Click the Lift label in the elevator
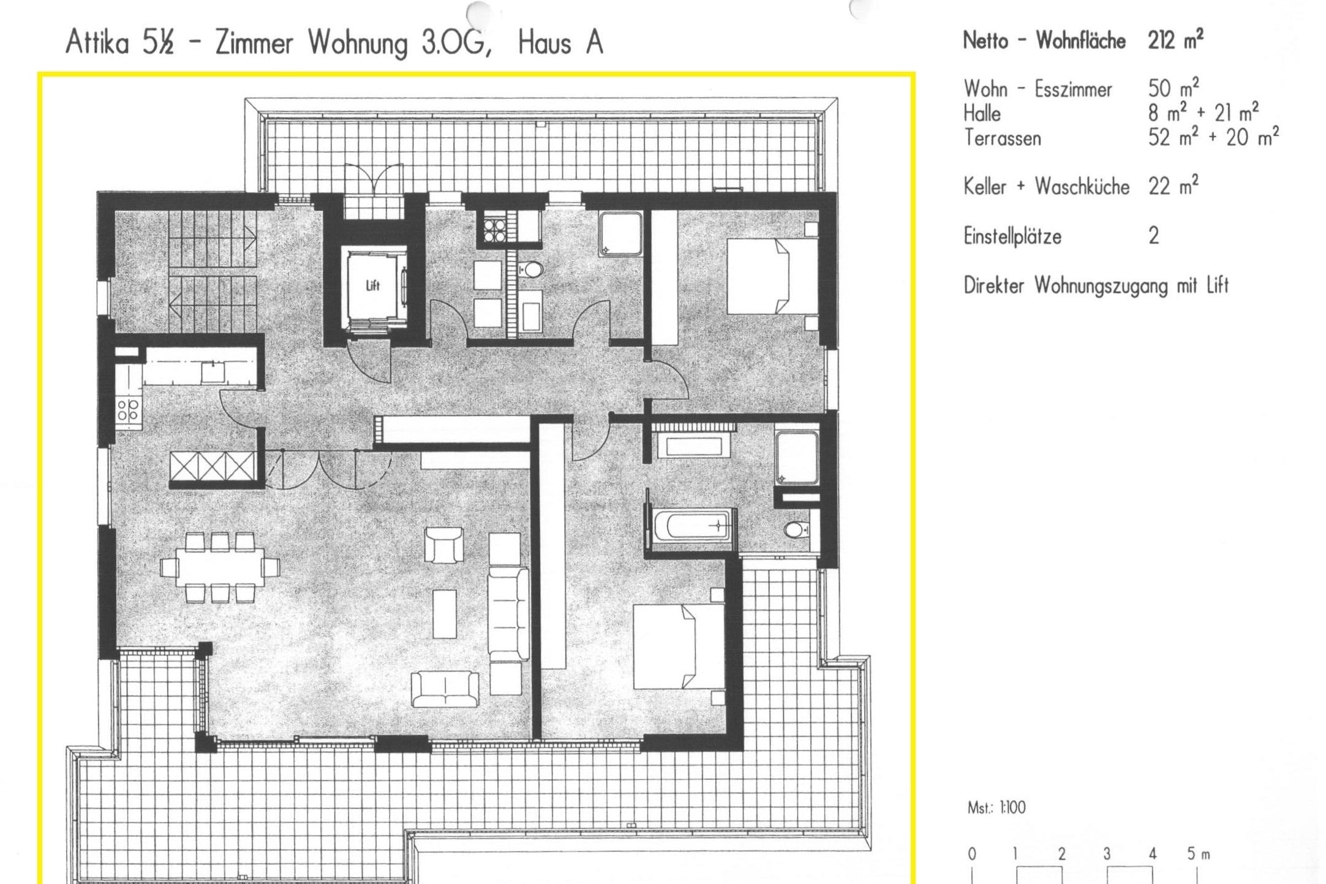click(373, 285)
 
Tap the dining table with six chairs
click(220, 567)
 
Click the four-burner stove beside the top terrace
click(494, 230)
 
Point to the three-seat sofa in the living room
click(508, 613)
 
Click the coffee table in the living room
click(445, 614)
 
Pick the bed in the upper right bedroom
click(772, 276)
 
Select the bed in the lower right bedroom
click(679, 646)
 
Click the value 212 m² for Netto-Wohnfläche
click(1175, 40)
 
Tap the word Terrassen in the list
click(1002, 138)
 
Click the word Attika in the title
click(97, 43)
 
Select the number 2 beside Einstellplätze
click(1153, 236)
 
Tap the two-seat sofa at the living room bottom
click(445, 689)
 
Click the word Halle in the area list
click(982, 113)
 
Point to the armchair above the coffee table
click(444, 545)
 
